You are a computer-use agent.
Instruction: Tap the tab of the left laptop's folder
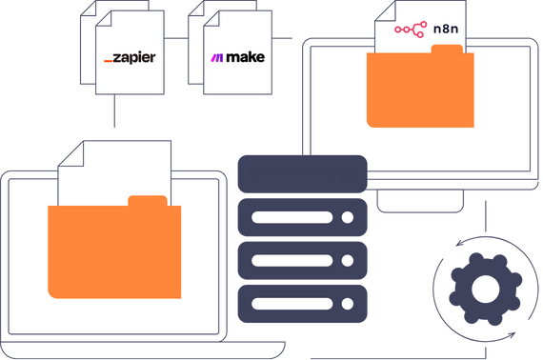click(x=147, y=201)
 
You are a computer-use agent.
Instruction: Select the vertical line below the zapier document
click(x=114, y=112)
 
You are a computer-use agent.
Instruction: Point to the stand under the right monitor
click(x=421, y=200)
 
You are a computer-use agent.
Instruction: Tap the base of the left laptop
click(x=143, y=350)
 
